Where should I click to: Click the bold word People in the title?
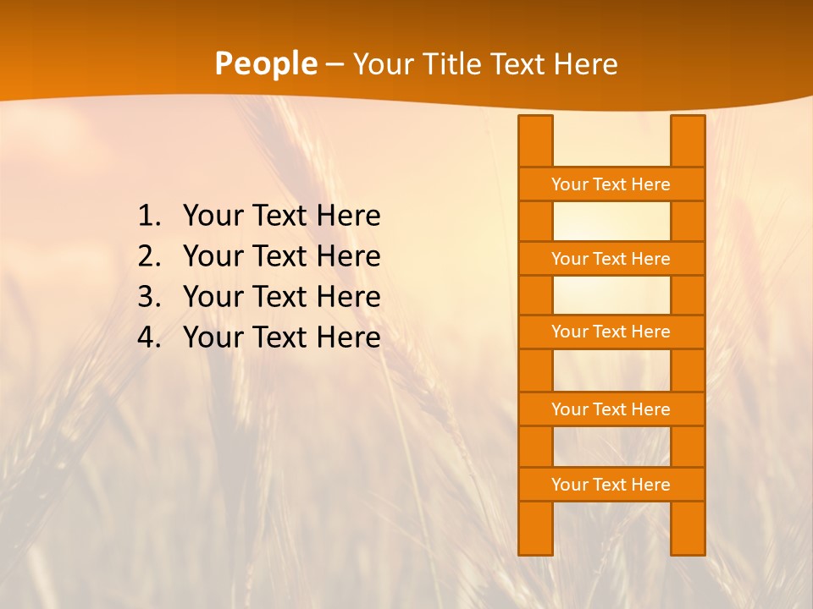[265, 64]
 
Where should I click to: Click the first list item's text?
[281, 217]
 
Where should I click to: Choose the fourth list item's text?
[281, 338]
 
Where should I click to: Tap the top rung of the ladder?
[611, 184]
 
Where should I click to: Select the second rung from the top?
[611, 259]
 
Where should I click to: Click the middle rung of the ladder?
[611, 332]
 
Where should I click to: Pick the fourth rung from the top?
[611, 409]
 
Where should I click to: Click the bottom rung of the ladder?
[611, 485]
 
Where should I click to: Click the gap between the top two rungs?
[611, 222]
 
